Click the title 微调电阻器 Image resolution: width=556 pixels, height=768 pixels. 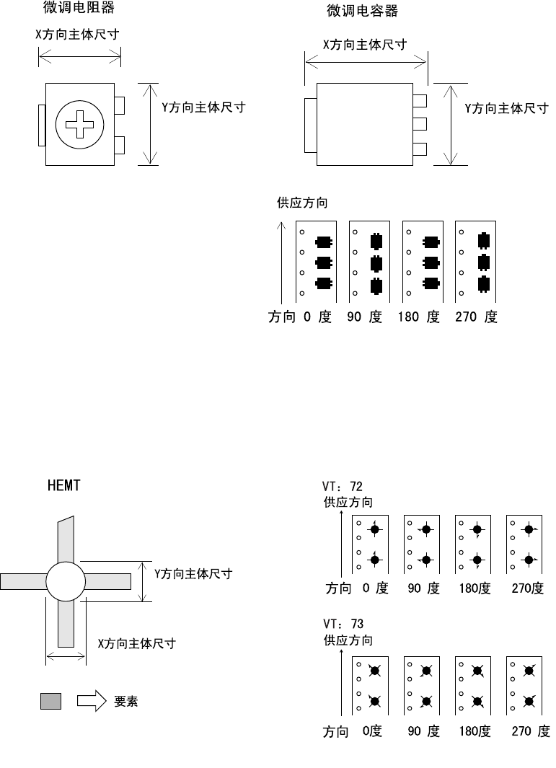click(84, 9)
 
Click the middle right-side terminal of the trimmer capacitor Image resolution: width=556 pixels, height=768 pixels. click(420, 123)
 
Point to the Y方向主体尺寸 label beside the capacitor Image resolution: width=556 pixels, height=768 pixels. click(505, 108)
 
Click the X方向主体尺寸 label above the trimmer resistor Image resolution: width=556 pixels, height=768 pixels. click(79, 35)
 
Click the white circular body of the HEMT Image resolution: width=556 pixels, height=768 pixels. click(66, 581)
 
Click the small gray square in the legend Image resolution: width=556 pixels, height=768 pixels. click(50, 701)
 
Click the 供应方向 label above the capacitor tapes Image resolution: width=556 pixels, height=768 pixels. click(302, 203)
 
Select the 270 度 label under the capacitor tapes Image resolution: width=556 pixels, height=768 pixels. click(476, 317)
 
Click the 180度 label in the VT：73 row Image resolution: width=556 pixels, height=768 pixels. click(475, 732)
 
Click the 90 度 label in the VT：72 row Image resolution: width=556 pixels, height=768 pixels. click(423, 588)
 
